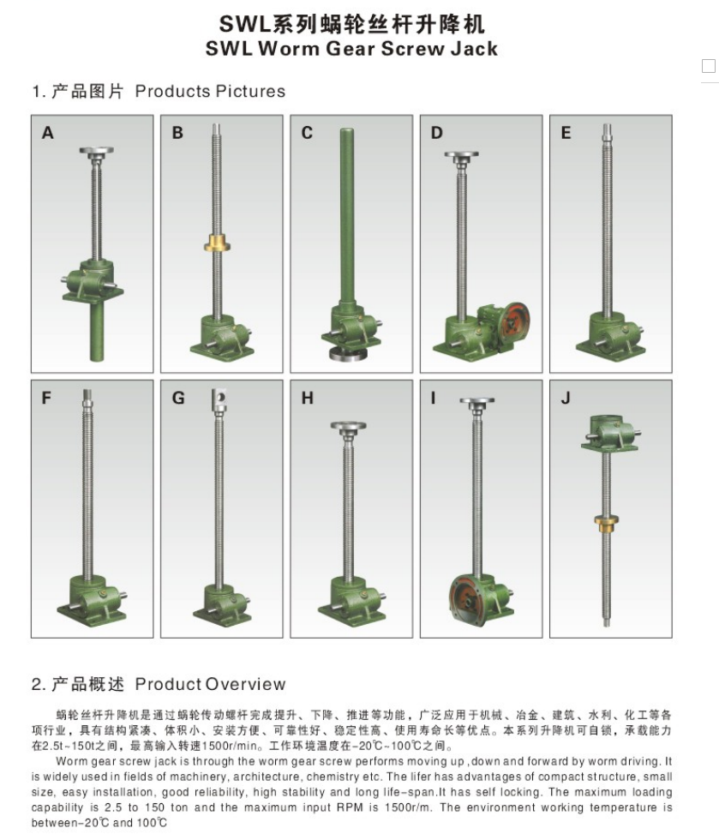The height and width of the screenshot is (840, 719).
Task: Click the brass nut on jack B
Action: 217,244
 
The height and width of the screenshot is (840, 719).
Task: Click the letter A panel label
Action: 48,133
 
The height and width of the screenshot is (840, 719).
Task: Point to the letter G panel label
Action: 178,398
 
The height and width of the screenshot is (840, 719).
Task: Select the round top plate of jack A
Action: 97,152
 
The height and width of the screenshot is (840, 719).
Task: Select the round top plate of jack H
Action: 348,427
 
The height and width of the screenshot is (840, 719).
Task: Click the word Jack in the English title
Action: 474,49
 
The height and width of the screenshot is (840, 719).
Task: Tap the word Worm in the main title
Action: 289,49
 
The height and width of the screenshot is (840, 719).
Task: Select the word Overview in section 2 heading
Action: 245,684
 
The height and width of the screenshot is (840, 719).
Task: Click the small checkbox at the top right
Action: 708,66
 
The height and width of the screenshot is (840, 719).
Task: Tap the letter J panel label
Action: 566,399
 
